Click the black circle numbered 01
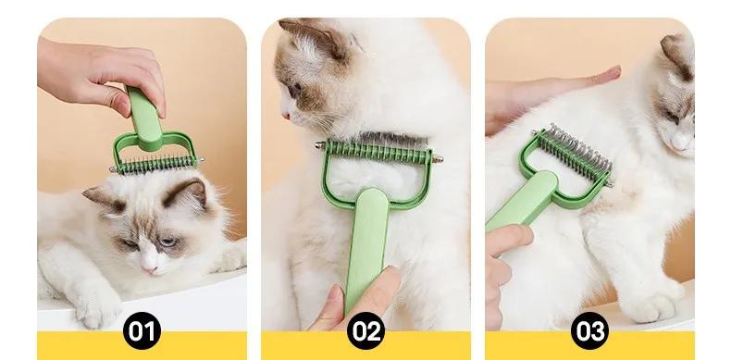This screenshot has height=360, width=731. [x=142, y=330]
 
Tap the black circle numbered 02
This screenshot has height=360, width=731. [x=366, y=330]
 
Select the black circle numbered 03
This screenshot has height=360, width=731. [x=589, y=330]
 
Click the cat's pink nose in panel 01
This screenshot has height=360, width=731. [x=150, y=269]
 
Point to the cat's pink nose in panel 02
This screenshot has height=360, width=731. [x=283, y=116]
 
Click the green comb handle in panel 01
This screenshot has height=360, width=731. [x=144, y=113]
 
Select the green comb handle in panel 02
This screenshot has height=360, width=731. [x=366, y=247]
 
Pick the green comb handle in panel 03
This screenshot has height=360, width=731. [x=521, y=202]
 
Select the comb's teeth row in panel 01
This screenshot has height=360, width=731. [x=156, y=164]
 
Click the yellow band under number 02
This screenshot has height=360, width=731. [x=366, y=345]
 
